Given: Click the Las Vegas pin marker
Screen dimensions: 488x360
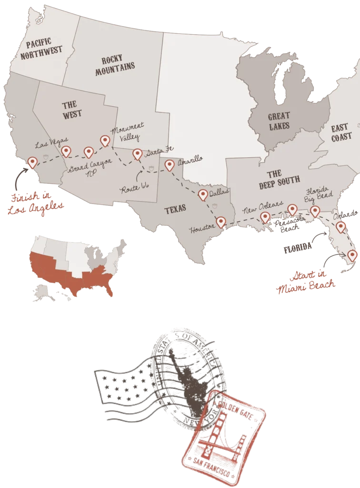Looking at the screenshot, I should click(67, 151).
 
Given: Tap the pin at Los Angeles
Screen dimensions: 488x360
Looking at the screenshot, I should click(32, 162).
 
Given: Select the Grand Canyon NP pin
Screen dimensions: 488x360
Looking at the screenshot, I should click(88, 152).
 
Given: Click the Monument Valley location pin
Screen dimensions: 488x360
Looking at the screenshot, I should click(105, 140).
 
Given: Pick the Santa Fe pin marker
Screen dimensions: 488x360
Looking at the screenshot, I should click(137, 153).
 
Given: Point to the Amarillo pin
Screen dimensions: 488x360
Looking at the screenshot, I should click(170, 165).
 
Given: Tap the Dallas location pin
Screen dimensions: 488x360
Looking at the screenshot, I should click(203, 194).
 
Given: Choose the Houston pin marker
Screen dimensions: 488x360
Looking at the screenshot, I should click(220, 222).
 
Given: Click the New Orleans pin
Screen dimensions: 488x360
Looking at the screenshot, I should click(265, 217).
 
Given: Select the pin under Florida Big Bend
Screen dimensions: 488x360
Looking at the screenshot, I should click(315, 211).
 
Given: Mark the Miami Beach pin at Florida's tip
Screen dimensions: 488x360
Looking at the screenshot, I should click(352, 255).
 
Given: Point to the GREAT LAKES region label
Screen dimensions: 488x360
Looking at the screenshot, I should click(279, 121).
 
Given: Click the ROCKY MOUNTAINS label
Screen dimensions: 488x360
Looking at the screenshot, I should click(115, 66).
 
